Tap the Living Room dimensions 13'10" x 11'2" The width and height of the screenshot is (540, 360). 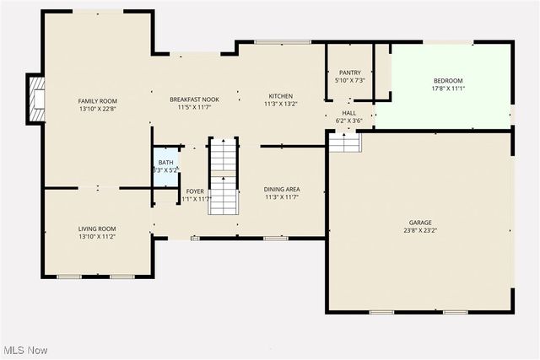click(x=97, y=237)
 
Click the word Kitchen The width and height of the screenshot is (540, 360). click(x=280, y=96)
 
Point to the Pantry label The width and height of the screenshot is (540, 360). click(x=349, y=73)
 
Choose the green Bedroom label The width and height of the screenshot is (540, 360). click(x=448, y=80)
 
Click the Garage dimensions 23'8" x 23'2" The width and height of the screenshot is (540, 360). click(x=420, y=230)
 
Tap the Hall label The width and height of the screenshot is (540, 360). click(x=348, y=113)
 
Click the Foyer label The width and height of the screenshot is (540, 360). click(x=194, y=191)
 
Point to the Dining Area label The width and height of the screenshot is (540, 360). click(x=282, y=189)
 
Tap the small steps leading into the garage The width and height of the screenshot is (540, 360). click(x=344, y=144)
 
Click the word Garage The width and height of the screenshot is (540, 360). click(x=420, y=223)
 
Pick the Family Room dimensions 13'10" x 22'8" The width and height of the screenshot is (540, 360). click(x=97, y=109)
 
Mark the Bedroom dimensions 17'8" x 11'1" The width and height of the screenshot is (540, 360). click(x=448, y=88)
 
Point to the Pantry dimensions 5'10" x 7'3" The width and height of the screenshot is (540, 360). click(x=349, y=80)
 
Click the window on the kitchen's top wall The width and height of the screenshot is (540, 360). click(x=271, y=42)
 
